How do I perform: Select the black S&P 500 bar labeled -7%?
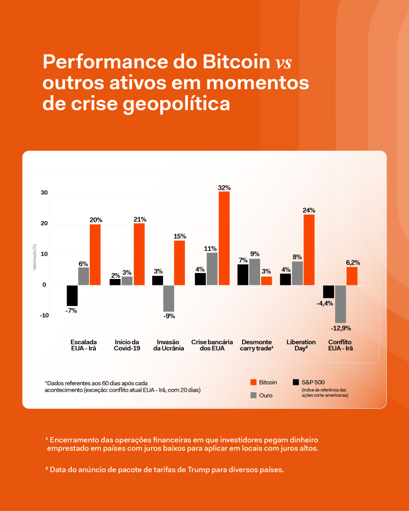72,295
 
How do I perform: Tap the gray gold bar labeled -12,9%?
341,304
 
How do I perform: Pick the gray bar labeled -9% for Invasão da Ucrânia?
169,298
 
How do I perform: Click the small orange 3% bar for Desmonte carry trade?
267,281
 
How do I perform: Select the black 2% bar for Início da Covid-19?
115,282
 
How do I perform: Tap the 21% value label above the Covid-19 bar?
140,219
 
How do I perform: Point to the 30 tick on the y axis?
44,193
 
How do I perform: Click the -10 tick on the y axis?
44,315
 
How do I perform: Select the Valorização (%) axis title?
34,257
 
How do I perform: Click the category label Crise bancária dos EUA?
212,345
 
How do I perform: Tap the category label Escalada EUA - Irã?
83,345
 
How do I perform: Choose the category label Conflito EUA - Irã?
341,345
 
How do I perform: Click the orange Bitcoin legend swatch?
253,382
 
